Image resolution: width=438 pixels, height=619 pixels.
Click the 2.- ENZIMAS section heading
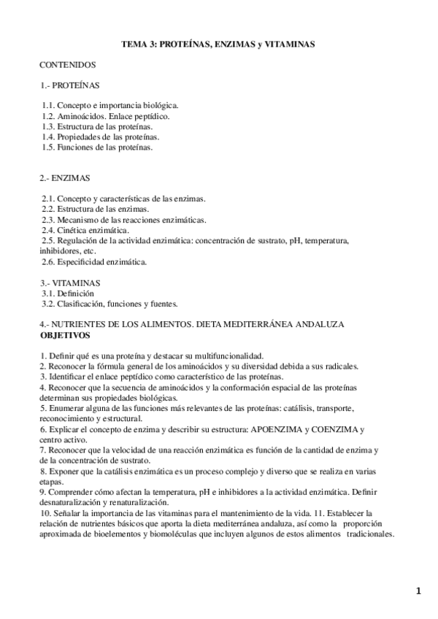tap(65, 177)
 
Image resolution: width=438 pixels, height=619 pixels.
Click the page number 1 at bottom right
tap(419, 592)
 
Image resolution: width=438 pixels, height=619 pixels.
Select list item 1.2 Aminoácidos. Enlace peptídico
tap(107, 116)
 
